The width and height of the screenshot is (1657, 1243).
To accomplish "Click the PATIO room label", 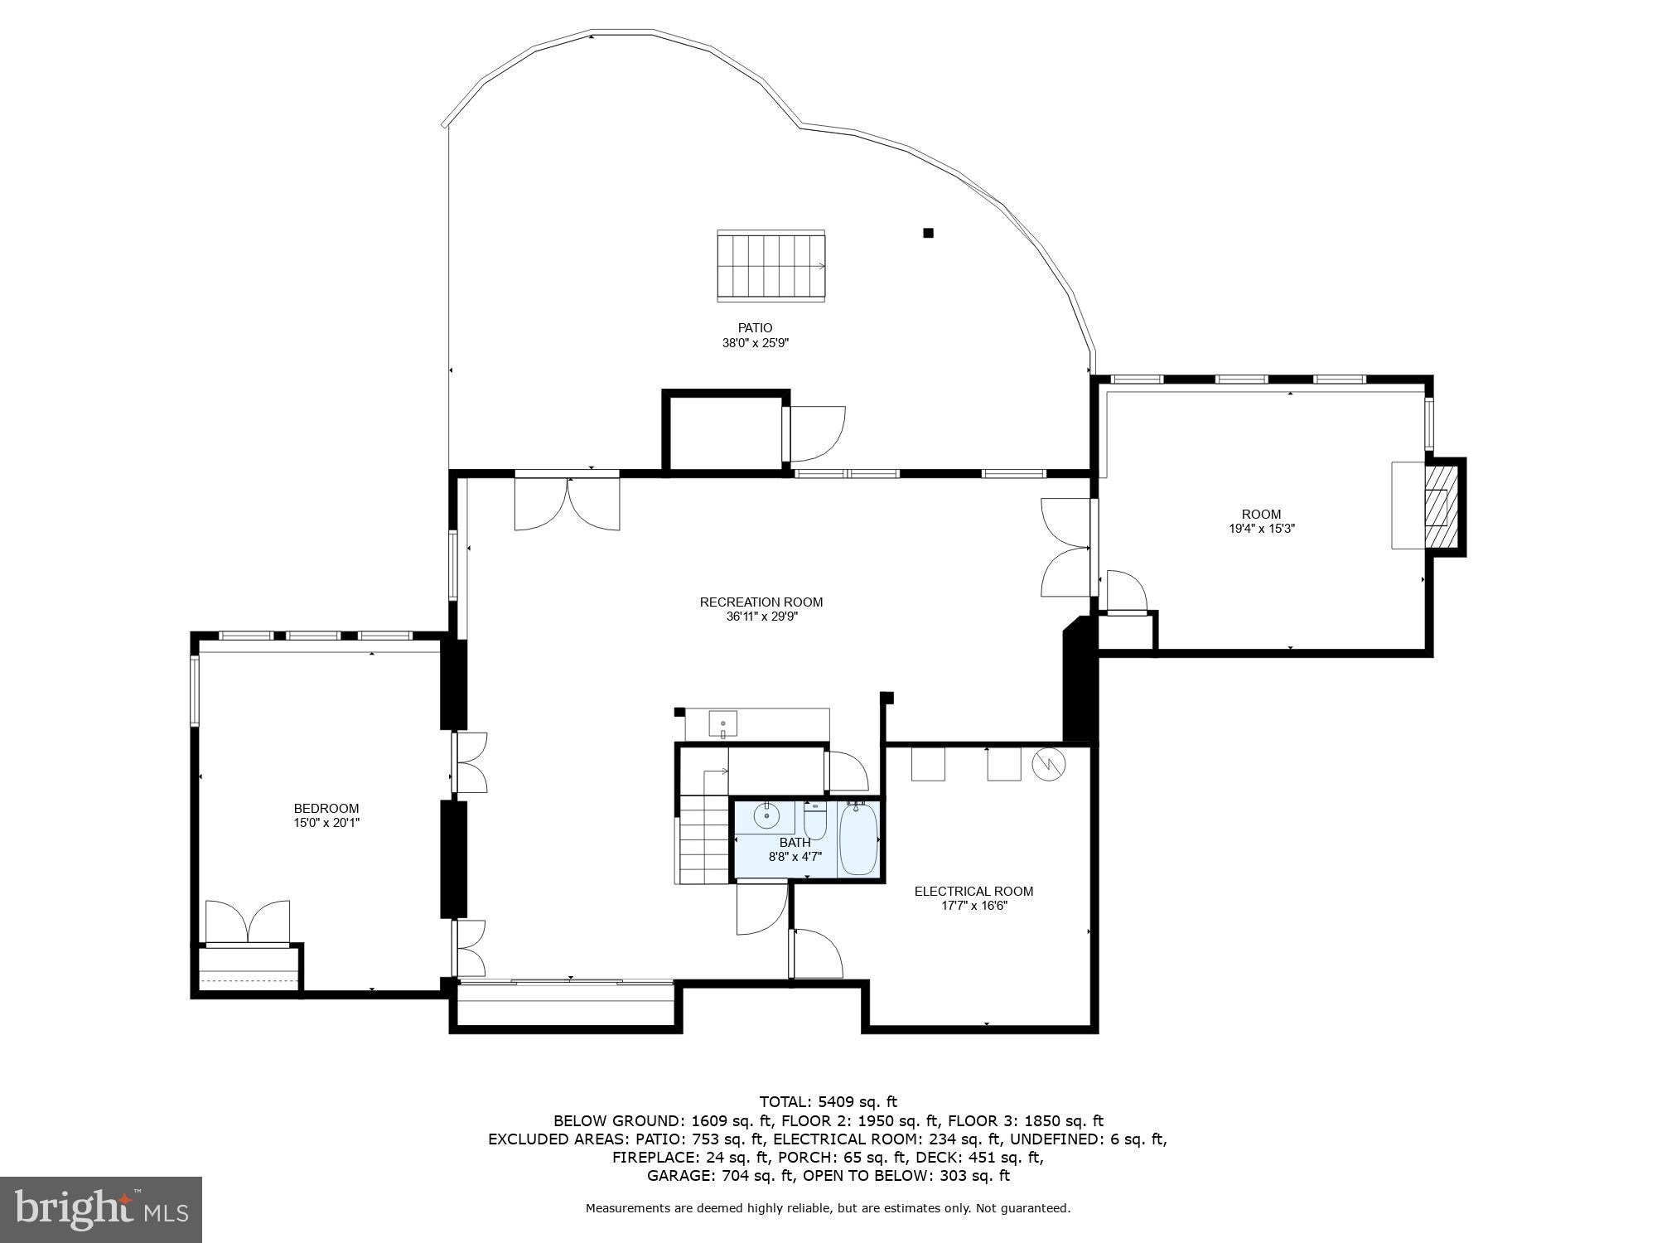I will (x=755, y=328).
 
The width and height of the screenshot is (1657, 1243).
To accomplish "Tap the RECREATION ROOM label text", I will (x=761, y=602).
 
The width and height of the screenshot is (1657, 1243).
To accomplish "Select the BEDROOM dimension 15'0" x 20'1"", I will (x=326, y=823).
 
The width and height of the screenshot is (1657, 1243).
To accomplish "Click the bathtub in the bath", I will (x=858, y=839).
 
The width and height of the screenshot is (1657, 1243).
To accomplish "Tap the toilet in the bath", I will (x=815, y=820).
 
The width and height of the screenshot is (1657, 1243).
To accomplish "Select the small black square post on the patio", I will (x=928, y=233).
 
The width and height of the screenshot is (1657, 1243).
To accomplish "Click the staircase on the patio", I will (x=771, y=265).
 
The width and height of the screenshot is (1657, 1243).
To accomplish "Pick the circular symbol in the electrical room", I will (x=1049, y=765).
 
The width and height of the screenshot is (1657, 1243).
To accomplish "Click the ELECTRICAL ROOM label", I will (x=973, y=892).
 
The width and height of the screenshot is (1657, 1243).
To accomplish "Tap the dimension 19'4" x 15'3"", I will (x=1261, y=528).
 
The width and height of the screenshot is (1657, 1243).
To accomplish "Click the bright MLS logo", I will (x=101, y=1210).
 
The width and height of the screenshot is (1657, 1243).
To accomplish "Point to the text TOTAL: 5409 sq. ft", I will (x=828, y=1101).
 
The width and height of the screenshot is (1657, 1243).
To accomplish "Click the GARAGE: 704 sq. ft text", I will (x=720, y=1175).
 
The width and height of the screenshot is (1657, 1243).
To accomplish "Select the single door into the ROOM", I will (x=1126, y=592).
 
